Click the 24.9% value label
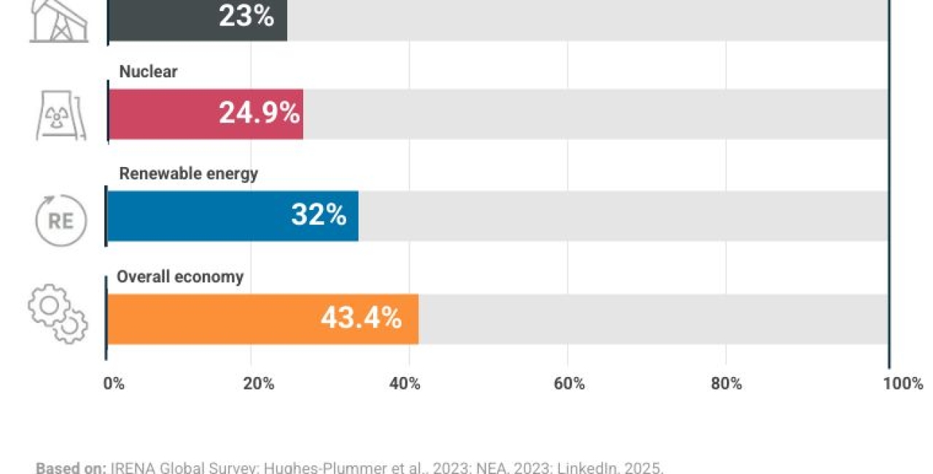(x=259, y=113)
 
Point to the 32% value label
(x=319, y=215)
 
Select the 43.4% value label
(x=361, y=318)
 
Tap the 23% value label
(x=246, y=16)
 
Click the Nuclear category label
(x=149, y=71)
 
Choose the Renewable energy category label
(x=189, y=174)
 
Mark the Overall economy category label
(x=180, y=277)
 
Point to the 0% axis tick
(x=114, y=384)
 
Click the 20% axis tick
(x=258, y=384)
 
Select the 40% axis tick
(x=405, y=384)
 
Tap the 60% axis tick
(x=569, y=384)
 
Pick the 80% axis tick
(x=727, y=384)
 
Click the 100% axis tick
(x=903, y=384)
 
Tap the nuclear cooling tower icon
(x=61, y=114)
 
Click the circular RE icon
(x=61, y=219)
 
